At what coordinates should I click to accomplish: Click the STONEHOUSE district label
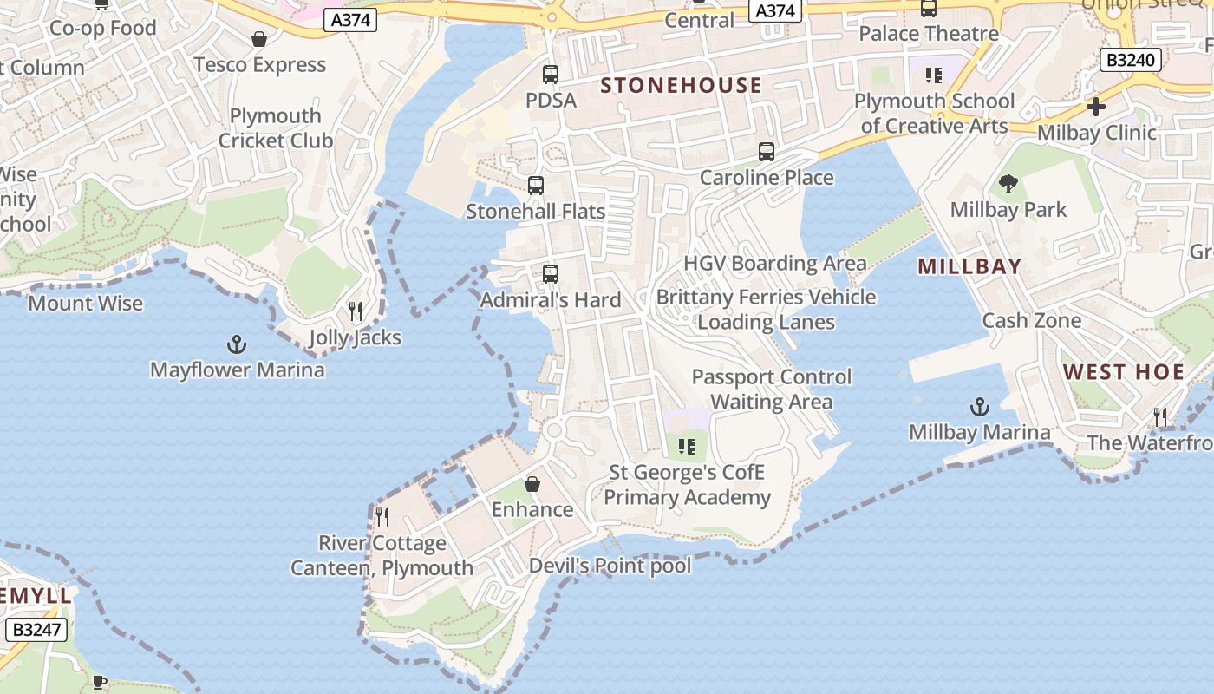pyautogui.click(x=681, y=85)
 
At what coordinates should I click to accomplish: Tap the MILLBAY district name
pyautogui.click(x=969, y=266)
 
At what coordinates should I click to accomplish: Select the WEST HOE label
pyautogui.click(x=1124, y=372)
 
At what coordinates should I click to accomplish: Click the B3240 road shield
pyautogui.click(x=1130, y=60)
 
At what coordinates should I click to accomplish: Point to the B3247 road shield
pyautogui.click(x=36, y=629)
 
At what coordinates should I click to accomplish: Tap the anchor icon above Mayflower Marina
pyautogui.click(x=236, y=345)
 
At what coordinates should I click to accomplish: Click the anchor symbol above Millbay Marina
pyautogui.click(x=979, y=407)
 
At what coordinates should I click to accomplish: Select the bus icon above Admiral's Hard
pyautogui.click(x=550, y=274)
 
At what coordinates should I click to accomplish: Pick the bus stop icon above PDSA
pyautogui.click(x=551, y=75)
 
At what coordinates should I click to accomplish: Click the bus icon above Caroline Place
pyautogui.click(x=766, y=152)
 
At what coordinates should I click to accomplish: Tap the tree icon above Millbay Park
pyautogui.click(x=1008, y=184)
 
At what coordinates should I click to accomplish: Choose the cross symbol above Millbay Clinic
pyautogui.click(x=1096, y=107)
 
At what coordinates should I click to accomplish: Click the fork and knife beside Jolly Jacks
pyautogui.click(x=355, y=311)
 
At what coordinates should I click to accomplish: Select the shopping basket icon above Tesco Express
pyautogui.click(x=258, y=39)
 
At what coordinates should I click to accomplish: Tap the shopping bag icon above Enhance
pyautogui.click(x=532, y=484)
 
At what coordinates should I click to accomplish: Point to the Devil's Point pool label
pyautogui.click(x=610, y=566)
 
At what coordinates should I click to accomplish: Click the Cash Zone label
pyautogui.click(x=1031, y=320)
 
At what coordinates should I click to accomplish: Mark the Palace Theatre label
pyautogui.click(x=929, y=34)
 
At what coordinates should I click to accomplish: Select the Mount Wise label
pyautogui.click(x=86, y=303)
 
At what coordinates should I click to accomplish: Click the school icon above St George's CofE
pyautogui.click(x=687, y=447)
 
